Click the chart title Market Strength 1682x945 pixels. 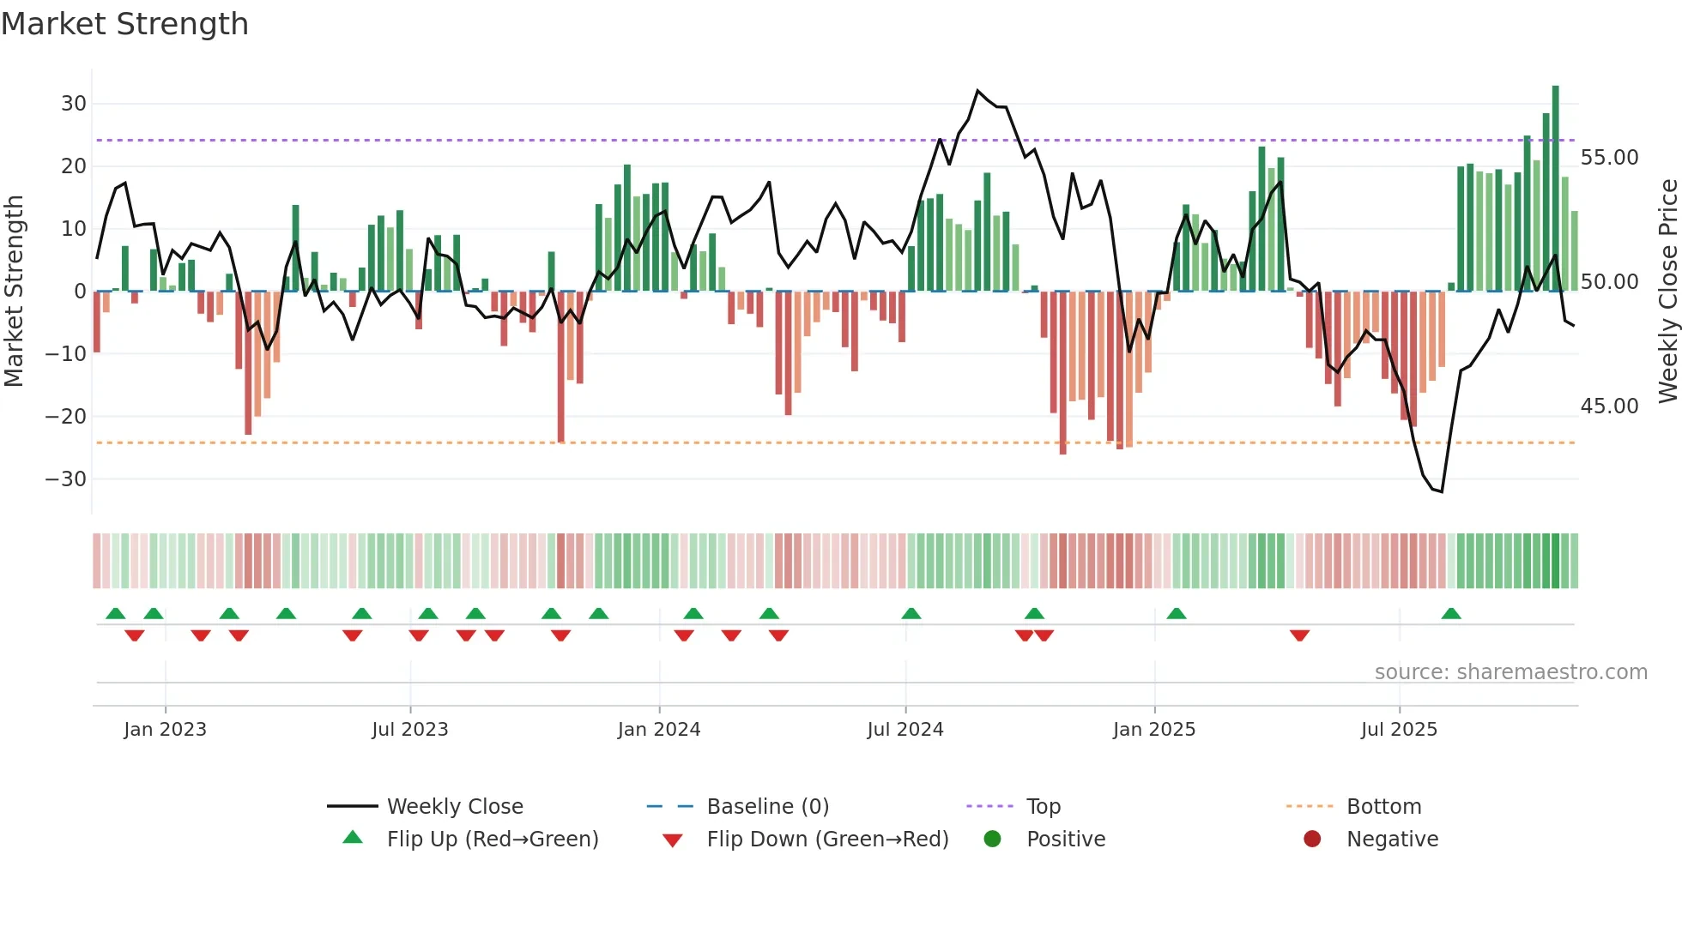[x=124, y=24]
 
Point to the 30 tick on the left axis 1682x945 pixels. [x=74, y=104]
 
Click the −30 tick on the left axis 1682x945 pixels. [x=66, y=479]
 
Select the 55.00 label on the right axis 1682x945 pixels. [x=1609, y=158]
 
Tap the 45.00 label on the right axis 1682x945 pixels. [x=1609, y=406]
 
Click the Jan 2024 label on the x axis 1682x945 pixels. [x=658, y=730]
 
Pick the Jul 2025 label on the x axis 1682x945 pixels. [x=1398, y=730]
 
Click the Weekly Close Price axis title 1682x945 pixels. [x=1667, y=292]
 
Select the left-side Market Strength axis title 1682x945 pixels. [x=14, y=292]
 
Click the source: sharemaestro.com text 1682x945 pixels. [x=1510, y=672]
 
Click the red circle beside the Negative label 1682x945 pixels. [x=1312, y=840]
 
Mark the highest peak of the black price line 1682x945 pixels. [x=977, y=90]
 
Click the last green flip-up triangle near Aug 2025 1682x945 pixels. [x=1451, y=614]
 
